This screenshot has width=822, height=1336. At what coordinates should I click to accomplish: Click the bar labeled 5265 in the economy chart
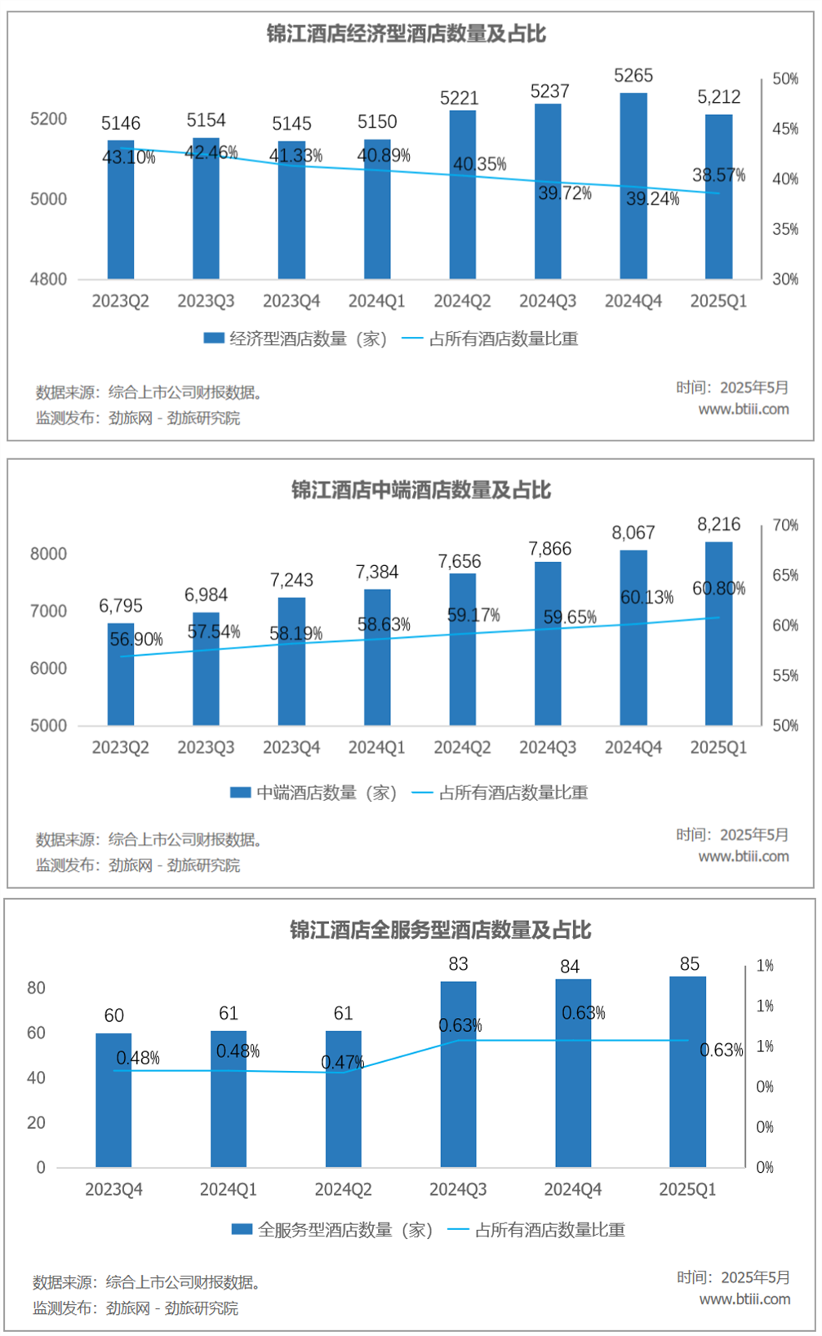tap(633, 186)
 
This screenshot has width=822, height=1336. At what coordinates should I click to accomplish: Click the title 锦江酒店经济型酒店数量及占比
tap(406, 33)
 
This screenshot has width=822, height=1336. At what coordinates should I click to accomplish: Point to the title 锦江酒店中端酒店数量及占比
tap(421, 490)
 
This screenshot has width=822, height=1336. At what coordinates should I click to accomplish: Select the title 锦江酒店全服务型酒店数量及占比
tap(440, 930)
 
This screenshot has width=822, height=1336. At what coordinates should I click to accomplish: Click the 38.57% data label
tap(718, 175)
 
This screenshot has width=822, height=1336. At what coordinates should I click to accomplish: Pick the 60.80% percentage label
tap(718, 588)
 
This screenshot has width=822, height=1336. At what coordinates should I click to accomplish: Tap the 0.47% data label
tap(342, 1062)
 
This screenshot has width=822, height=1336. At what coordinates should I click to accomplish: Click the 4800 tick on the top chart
tap(48, 279)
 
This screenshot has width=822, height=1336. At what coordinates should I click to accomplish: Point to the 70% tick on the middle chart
tap(785, 525)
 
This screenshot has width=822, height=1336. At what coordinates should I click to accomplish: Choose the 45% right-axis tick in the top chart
tap(785, 129)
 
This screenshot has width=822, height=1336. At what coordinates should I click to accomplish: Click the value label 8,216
tap(718, 524)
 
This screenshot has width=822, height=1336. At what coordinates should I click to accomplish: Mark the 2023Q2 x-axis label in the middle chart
tap(121, 747)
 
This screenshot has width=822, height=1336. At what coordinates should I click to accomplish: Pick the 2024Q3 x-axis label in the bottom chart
tap(458, 1189)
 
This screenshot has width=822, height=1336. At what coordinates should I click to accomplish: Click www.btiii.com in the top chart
tap(743, 409)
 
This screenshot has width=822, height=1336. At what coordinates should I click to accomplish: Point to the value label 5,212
tap(718, 97)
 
